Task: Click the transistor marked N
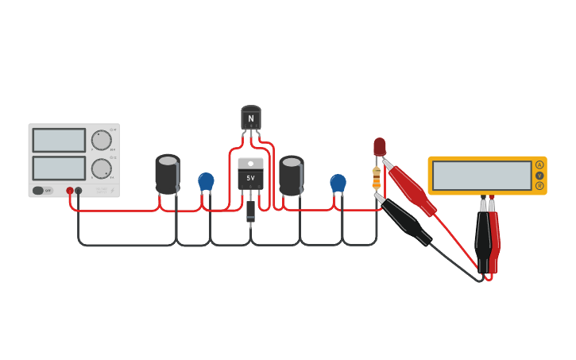251,118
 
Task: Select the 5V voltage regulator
251,173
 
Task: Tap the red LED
380,146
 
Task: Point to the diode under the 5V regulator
251,211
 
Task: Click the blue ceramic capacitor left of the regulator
206,181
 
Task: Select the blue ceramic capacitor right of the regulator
338,183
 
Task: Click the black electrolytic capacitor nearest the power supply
168,174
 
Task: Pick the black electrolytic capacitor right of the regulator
292,175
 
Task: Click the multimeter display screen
481,176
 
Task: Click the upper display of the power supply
59,141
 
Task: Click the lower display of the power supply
59,168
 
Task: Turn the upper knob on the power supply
101,141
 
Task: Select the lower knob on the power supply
101,168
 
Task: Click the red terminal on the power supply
70,191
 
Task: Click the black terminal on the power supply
79,191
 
